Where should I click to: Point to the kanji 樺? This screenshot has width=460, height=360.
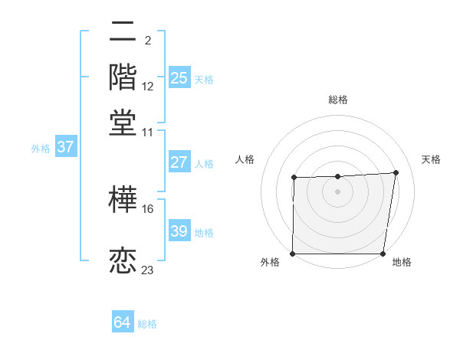tap(123, 199)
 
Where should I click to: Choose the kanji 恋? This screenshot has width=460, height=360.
tap(123, 260)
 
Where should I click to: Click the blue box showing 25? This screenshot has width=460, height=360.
tap(179, 77)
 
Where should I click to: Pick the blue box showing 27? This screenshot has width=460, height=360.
tap(179, 162)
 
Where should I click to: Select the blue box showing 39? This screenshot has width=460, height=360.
tap(179, 231)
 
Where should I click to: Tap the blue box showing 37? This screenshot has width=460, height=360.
tap(65, 147)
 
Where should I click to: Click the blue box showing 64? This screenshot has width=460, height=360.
tap(123, 322)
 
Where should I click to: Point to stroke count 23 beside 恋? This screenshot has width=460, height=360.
tap(148, 270)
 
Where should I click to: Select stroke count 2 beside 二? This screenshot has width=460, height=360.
tap(147, 40)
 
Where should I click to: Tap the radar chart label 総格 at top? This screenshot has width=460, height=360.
tap(338, 100)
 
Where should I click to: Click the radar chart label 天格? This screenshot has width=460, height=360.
tap(432, 159)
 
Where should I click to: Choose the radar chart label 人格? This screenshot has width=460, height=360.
tap(245, 159)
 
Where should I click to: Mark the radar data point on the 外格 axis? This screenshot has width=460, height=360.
tap(293, 254)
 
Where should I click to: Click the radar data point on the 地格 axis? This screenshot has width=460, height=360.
tap(383, 254)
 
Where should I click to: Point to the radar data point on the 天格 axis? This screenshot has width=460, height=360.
tap(396, 172)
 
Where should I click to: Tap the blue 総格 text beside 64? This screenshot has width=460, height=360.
tap(147, 324)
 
